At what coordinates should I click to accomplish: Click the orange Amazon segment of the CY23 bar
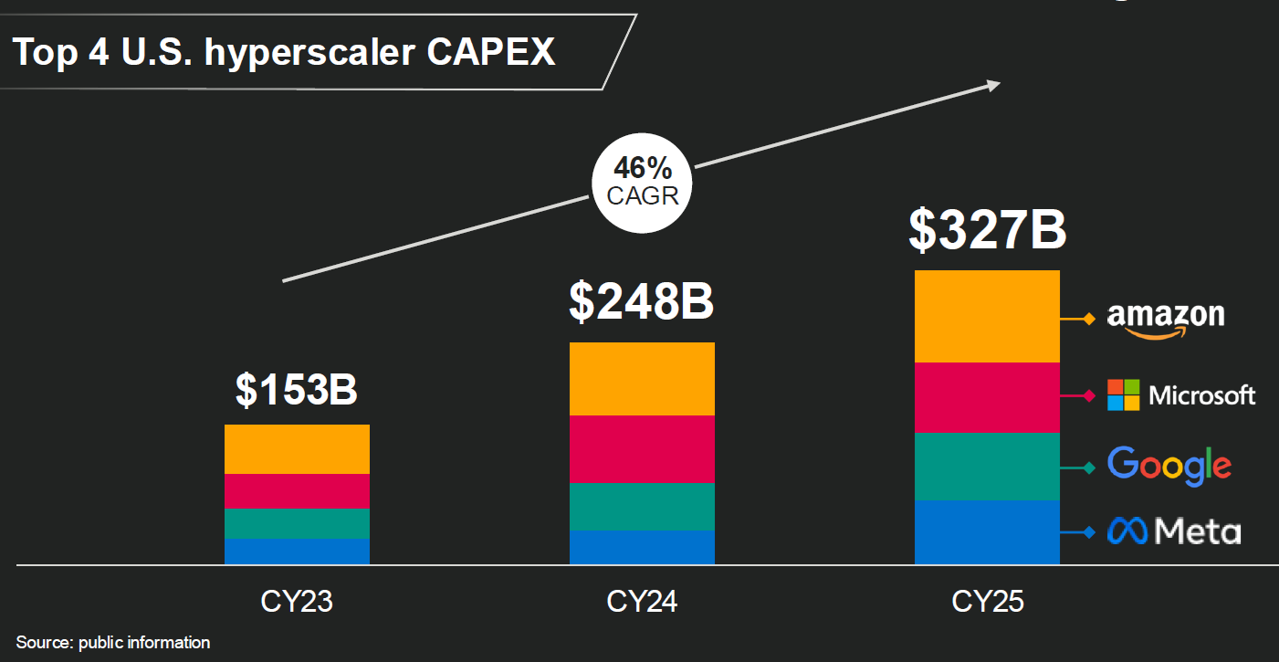pyautogui.click(x=297, y=449)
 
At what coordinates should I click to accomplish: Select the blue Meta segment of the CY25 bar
pyautogui.click(x=987, y=531)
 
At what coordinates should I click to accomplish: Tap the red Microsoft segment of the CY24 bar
pyautogui.click(x=642, y=449)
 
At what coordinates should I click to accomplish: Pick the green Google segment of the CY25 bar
pyautogui.click(x=987, y=466)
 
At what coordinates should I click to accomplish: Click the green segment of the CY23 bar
pyautogui.click(x=297, y=523)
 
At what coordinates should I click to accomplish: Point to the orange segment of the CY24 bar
pyautogui.click(x=642, y=379)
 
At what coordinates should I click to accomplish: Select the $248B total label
pyautogui.click(x=641, y=302)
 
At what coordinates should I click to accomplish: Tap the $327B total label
pyautogui.click(x=987, y=229)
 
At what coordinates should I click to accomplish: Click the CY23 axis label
pyautogui.click(x=297, y=603)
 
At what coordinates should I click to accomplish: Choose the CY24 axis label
pyautogui.click(x=642, y=603)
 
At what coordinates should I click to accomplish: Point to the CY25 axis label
pyautogui.click(x=988, y=603)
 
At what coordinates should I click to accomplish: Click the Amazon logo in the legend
pyautogui.click(x=1166, y=319)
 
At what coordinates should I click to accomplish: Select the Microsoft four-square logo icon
pyautogui.click(x=1124, y=394)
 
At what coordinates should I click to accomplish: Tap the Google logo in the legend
pyautogui.click(x=1169, y=466)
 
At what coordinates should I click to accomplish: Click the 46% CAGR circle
pyautogui.click(x=643, y=180)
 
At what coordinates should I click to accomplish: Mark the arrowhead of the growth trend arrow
pyautogui.click(x=993, y=85)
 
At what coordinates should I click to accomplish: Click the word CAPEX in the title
pyautogui.click(x=490, y=52)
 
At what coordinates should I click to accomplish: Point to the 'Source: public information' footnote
pyautogui.click(x=113, y=643)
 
